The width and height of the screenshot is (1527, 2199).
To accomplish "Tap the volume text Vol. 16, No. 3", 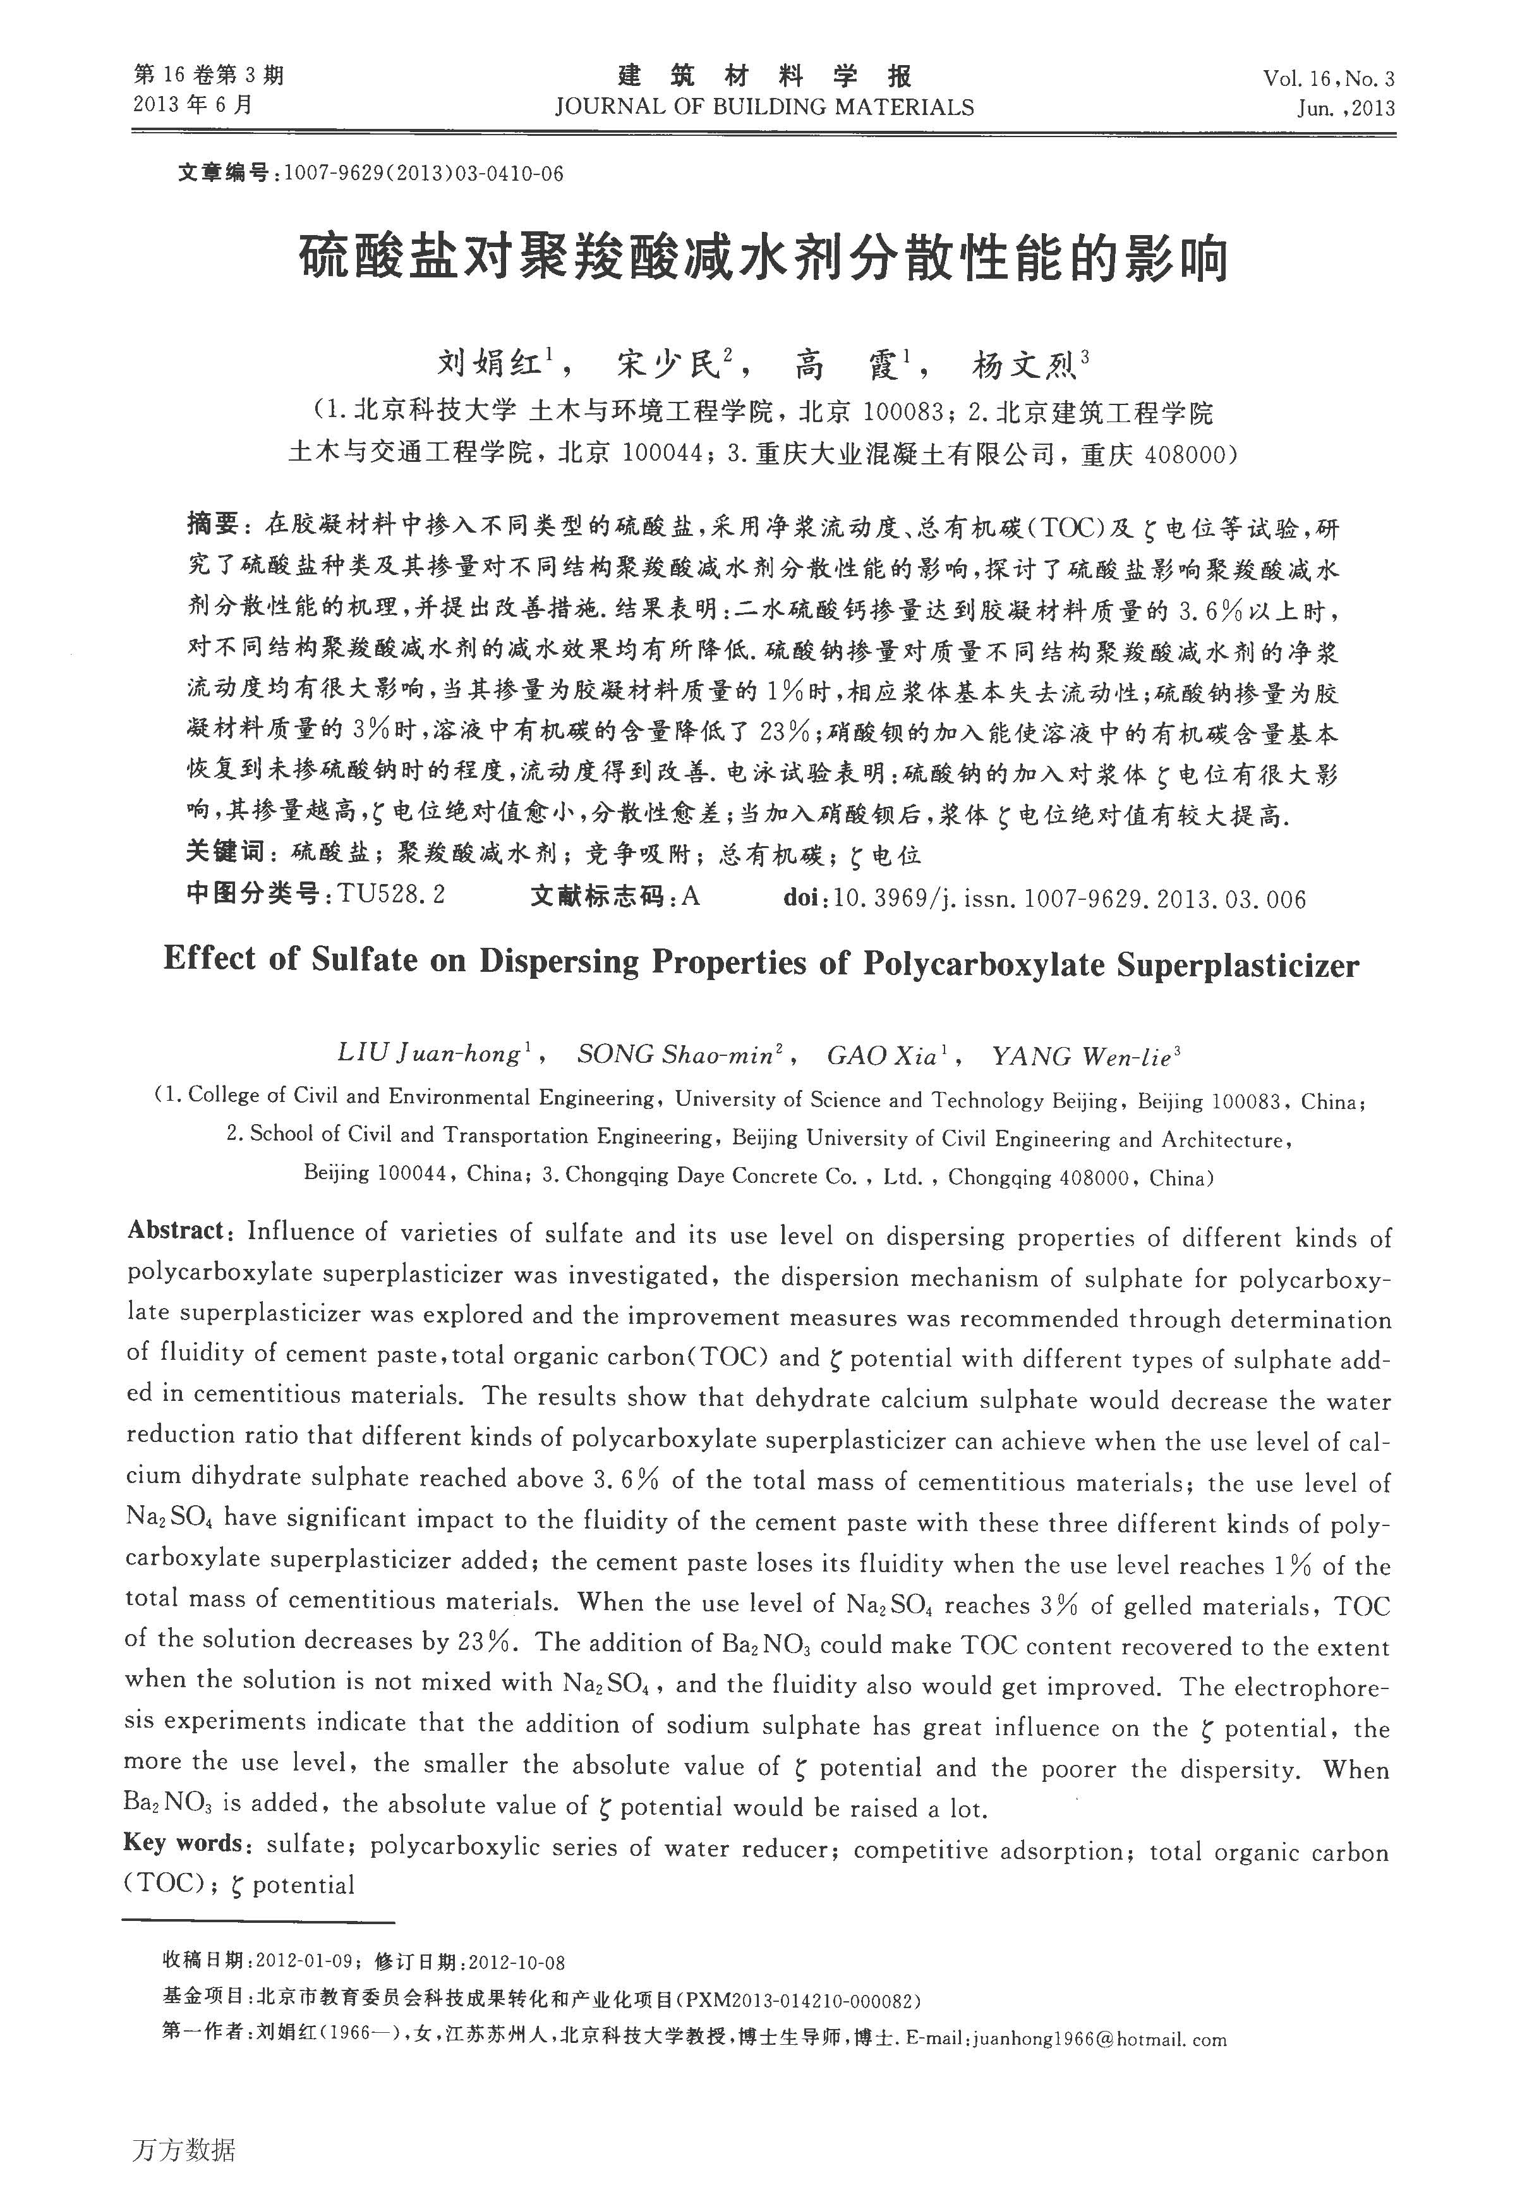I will click(1328, 78).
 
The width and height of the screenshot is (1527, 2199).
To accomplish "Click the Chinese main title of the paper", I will click(763, 258).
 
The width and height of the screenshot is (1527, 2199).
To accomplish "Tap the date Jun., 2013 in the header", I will click(1345, 108).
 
